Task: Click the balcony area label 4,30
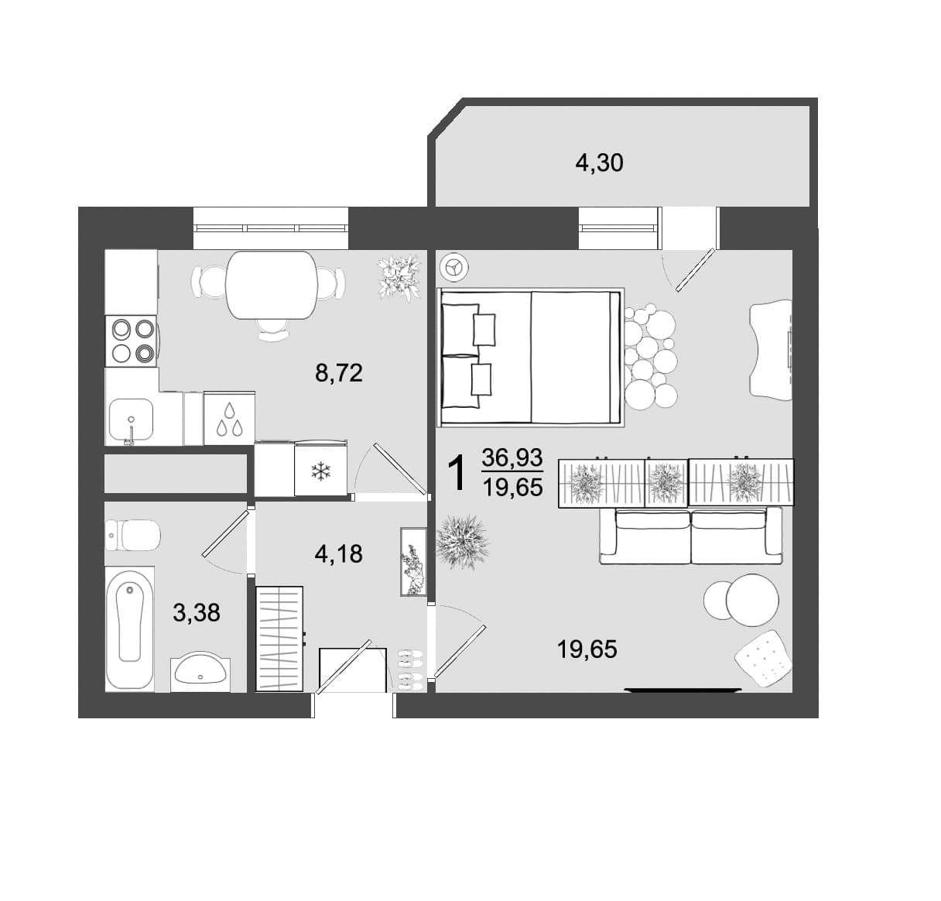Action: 599,163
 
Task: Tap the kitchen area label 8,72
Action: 338,373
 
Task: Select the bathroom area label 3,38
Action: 197,613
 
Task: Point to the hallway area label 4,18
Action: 338,553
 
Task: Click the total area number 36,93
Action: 512,457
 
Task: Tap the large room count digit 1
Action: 456,473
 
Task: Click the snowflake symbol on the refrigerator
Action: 319,471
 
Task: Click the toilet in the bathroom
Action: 132,536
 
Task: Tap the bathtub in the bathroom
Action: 129,629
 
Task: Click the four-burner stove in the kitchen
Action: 132,341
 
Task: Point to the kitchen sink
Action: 131,420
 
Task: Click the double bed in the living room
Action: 530,358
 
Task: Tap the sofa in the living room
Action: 691,536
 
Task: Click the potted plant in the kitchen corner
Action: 399,278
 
